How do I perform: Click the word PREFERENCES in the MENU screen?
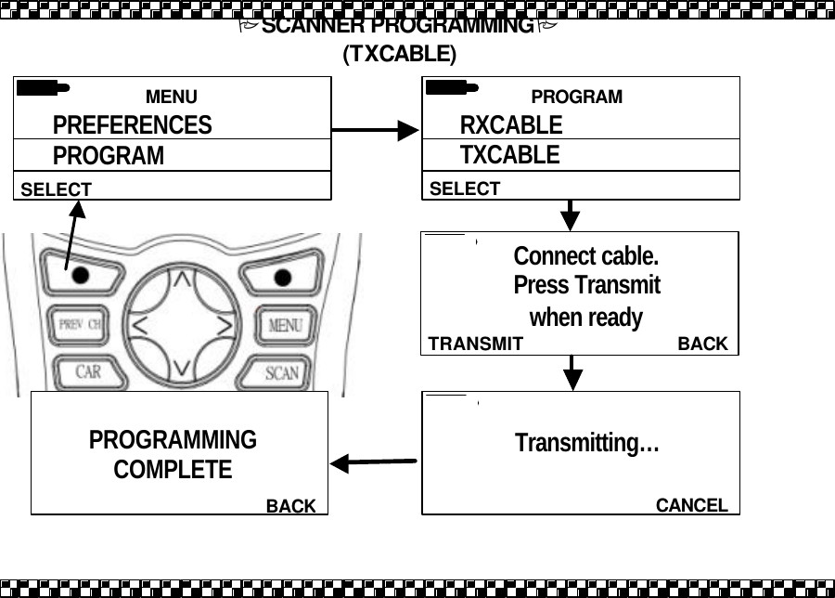[x=132, y=125]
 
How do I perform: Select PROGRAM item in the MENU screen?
[x=108, y=156]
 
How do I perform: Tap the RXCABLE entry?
[x=511, y=125]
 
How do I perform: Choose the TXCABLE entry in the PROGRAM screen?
[x=510, y=155]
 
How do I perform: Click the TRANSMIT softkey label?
[x=475, y=344]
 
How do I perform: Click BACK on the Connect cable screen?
[x=702, y=344]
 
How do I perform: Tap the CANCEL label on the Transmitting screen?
[x=691, y=505]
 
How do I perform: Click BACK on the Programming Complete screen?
[x=291, y=506]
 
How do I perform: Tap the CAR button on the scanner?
[x=88, y=372]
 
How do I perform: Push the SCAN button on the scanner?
[x=282, y=372]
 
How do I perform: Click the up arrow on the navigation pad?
[x=184, y=278]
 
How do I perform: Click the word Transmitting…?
[x=586, y=444]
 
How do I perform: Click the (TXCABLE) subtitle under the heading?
[x=399, y=55]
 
